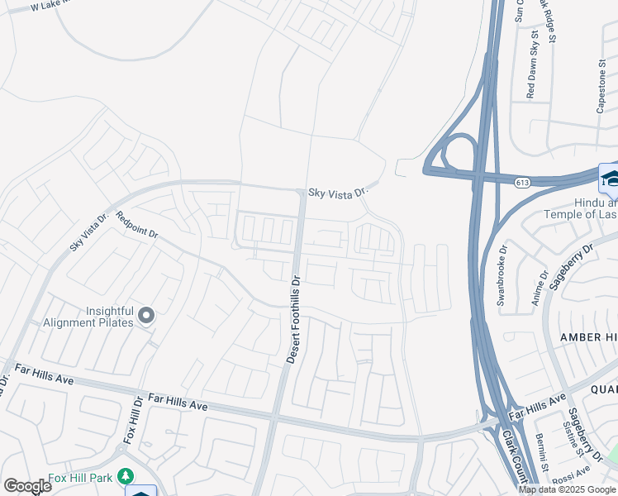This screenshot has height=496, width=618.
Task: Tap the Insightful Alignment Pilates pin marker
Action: [146, 315]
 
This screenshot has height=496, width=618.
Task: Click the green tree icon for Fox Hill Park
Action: [125, 476]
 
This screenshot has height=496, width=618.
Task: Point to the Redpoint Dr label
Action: [137, 225]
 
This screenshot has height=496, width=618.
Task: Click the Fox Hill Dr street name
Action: [133, 420]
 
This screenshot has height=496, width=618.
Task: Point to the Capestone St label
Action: [601, 86]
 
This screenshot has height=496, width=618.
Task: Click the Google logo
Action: [27, 486]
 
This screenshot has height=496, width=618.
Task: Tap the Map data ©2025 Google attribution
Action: [568, 489]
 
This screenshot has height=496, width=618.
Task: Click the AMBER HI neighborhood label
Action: [588, 336]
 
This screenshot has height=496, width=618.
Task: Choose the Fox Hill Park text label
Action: [81, 477]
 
